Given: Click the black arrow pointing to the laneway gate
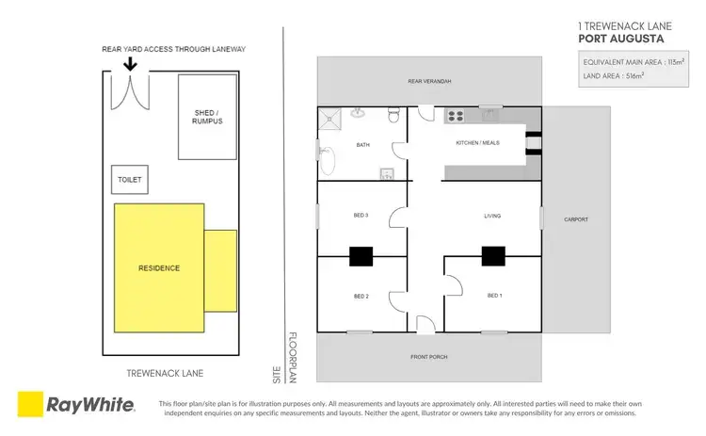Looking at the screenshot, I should point(129,64).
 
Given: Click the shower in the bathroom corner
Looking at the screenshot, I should point(329,118).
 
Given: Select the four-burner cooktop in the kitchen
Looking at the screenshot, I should point(456,117).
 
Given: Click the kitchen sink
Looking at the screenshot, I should point(489,117).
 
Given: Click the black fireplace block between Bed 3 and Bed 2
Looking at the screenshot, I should point(361,254).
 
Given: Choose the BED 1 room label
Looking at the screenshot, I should point(494,296).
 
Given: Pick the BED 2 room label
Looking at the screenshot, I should point(361,296).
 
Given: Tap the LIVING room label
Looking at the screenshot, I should point(492,216).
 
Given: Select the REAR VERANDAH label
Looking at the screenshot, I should point(429,82).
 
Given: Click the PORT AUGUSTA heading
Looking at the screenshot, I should point(620,39).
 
